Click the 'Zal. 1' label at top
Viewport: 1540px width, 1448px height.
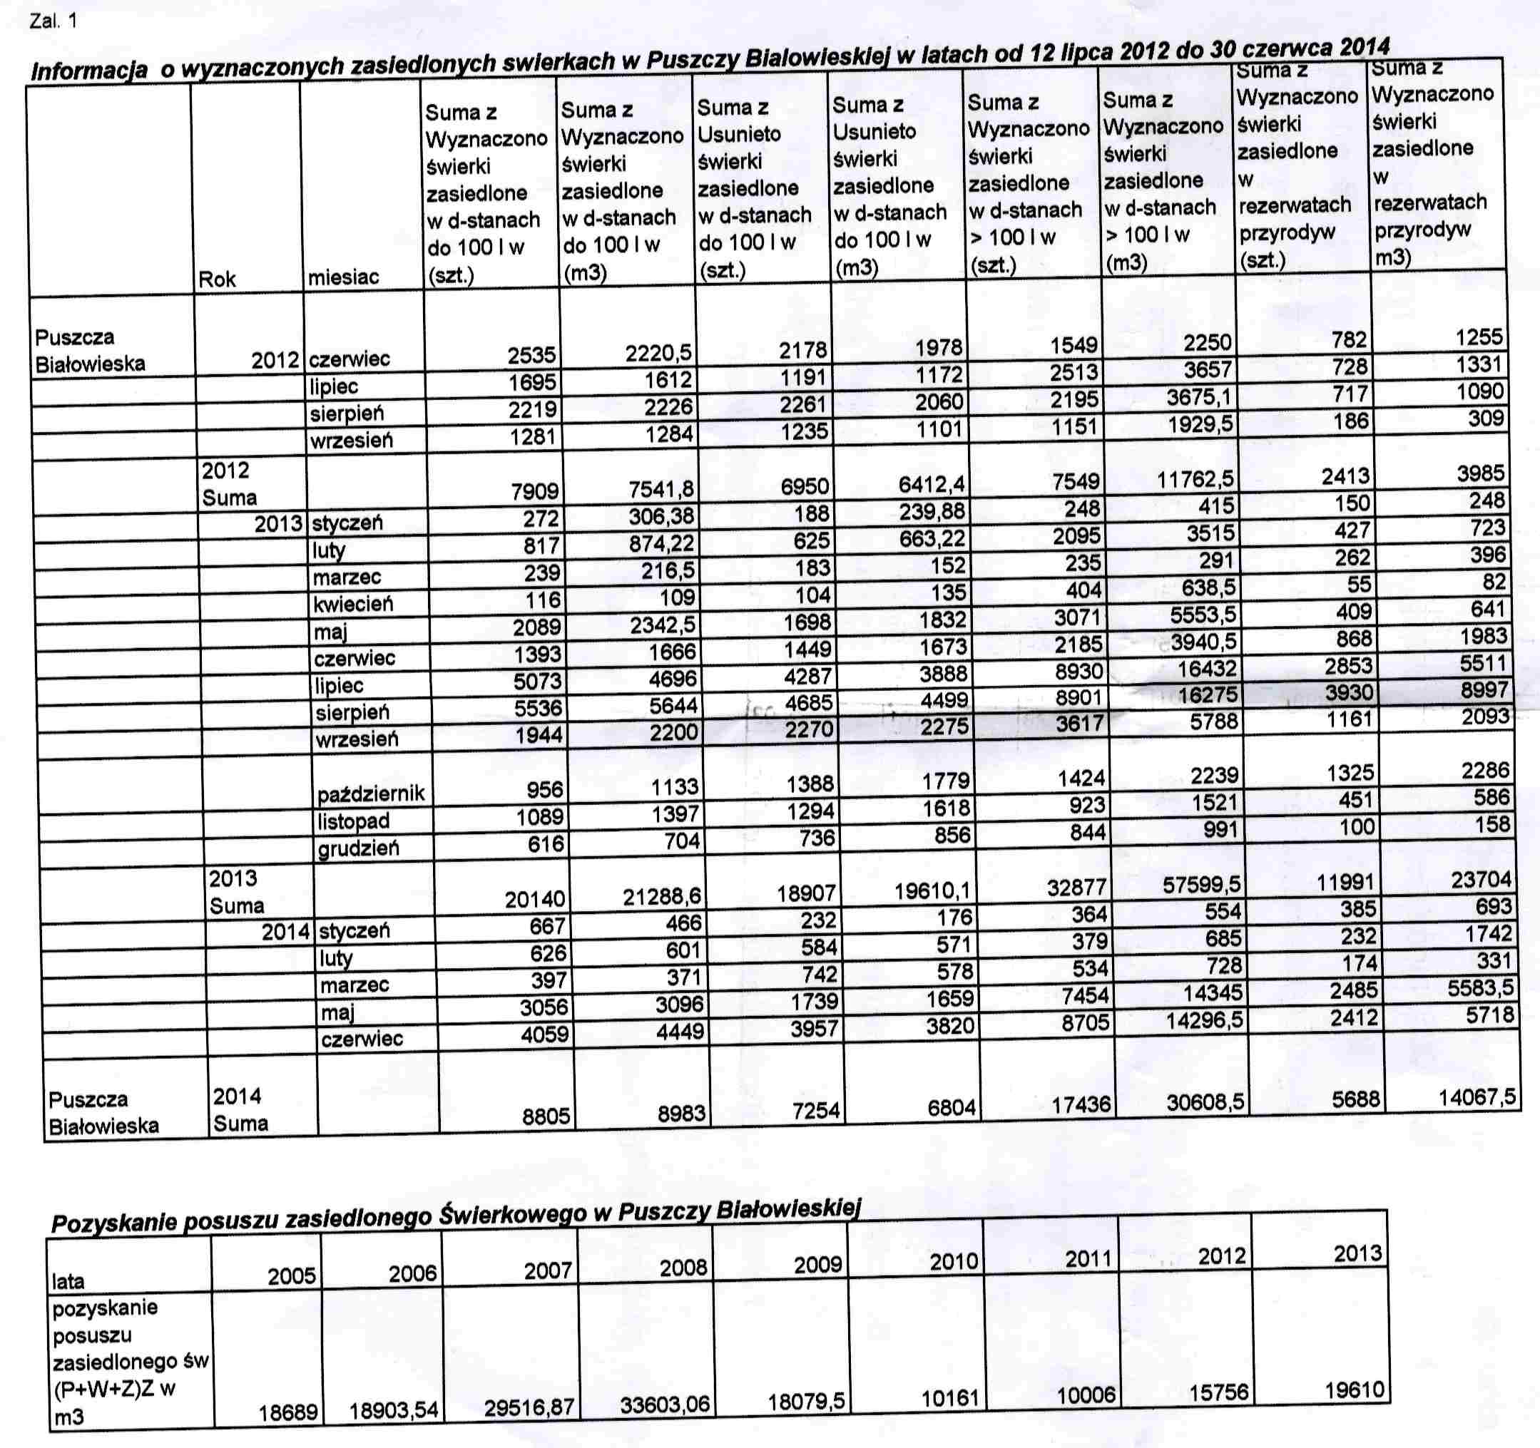click(x=53, y=21)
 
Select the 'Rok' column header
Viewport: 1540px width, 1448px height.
click(x=217, y=279)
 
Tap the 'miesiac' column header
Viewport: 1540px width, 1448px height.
click(x=343, y=277)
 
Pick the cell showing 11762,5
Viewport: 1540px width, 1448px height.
click(x=1195, y=479)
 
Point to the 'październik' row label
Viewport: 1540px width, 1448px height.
click(x=371, y=793)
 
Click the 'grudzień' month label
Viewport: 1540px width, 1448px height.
click(x=359, y=848)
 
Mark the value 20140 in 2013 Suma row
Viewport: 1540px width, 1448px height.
click(x=534, y=898)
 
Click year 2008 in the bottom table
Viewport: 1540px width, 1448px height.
click(x=683, y=1268)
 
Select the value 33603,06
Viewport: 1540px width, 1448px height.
click(x=665, y=1404)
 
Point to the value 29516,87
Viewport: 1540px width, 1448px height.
click(x=529, y=1406)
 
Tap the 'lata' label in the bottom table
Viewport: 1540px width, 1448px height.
click(x=68, y=1280)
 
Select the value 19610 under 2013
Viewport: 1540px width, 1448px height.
click(x=1353, y=1390)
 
